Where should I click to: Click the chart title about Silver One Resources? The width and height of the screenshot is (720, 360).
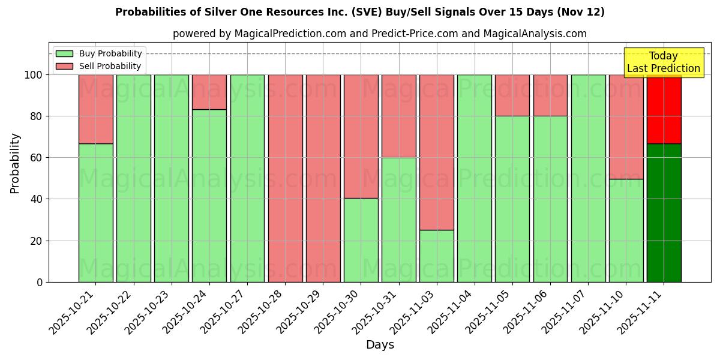tap(359, 12)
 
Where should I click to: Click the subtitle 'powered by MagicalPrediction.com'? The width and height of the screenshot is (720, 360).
tap(379, 34)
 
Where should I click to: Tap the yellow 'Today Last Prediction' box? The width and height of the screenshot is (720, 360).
tap(663, 62)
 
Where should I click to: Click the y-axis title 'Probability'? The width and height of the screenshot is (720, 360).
tap(15, 163)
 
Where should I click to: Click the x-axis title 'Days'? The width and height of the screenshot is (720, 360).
tap(380, 344)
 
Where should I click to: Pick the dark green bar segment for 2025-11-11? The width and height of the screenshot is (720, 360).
tap(664, 212)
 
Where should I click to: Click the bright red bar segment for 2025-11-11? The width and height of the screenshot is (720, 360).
tap(664, 109)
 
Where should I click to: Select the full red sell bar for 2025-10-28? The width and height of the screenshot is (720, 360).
tap(285, 178)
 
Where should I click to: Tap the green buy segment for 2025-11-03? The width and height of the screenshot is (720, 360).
tap(437, 256)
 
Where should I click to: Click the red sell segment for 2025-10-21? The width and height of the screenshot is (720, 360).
tap(95, 109)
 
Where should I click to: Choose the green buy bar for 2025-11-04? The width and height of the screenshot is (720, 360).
tap(475, 178)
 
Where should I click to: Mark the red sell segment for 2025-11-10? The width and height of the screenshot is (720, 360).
tap(626, 127)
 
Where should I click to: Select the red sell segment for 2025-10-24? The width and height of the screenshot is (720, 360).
tap(209, 92)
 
